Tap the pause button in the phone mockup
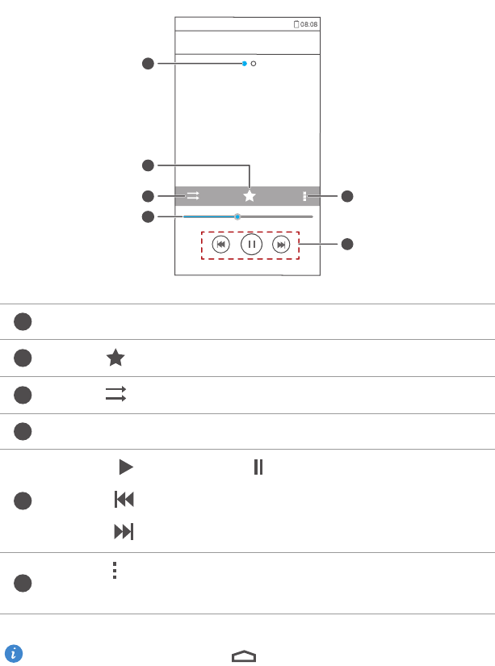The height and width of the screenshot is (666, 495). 251,245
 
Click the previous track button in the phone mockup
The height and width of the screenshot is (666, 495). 221,245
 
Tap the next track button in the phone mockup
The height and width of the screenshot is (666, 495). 281,245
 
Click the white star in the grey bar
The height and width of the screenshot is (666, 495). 250,196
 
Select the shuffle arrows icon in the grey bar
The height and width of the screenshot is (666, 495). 193,196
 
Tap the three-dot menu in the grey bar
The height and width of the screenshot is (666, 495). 304,196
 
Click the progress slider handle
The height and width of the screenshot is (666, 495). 237,216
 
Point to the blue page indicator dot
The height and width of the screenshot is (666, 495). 245,64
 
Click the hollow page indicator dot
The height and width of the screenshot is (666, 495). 254,64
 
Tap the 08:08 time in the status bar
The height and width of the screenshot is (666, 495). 309,24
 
